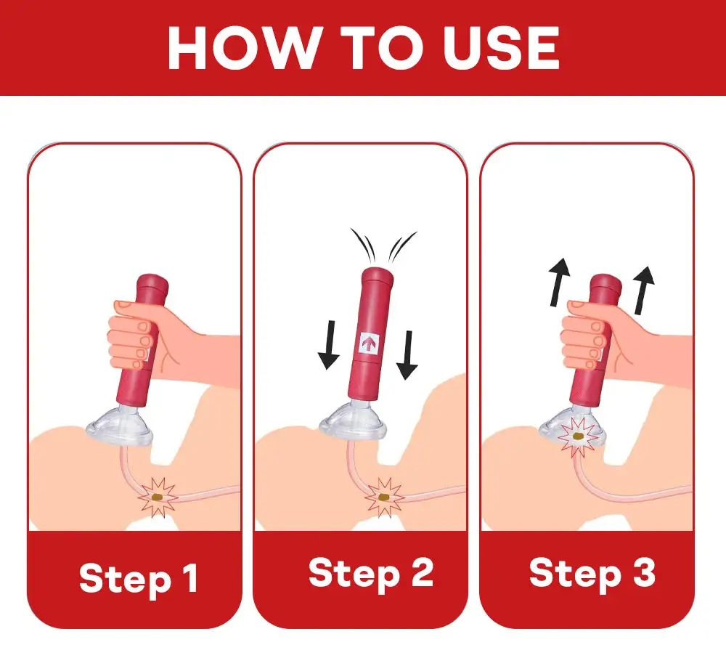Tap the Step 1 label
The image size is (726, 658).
138,578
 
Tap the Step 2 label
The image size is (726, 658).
371,573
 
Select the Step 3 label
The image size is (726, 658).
592,573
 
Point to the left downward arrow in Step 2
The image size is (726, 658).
329,345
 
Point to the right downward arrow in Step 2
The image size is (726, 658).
407,354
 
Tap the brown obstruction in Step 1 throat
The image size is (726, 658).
160,497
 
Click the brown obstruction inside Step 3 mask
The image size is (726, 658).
579,437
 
